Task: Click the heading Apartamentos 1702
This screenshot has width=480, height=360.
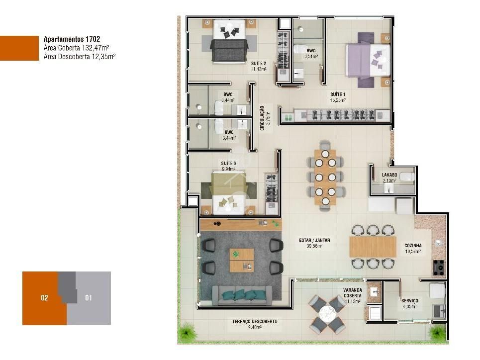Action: tap(72, 39)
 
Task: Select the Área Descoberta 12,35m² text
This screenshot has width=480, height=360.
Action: tap(80, 56)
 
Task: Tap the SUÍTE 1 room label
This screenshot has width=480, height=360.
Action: tap(338, 94)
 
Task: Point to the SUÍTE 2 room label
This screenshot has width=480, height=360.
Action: tap(259, 63)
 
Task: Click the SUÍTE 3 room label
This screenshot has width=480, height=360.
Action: tap(228, 163)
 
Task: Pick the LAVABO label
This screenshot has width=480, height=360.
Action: tap(389, 175)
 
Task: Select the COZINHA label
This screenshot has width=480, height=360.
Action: tap(413, 245)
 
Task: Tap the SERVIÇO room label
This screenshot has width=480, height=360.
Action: tap(410, 301)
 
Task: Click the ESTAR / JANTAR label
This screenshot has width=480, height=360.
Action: tap(314, 241)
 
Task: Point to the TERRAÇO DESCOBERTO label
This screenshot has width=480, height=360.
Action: tap(255, 322)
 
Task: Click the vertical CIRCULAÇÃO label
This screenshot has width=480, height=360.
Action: tap(263, 117)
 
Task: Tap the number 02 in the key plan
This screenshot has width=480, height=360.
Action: tap(44, 298)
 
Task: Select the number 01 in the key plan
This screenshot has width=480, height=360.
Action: tap(89, 298)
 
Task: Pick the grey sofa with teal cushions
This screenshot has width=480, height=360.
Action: tap(243, 295)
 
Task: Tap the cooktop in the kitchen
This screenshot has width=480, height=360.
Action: tap(439, 268)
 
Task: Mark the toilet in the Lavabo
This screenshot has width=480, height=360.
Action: tap(406, 176)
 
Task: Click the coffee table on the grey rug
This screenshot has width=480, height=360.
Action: tap(242, 260)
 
